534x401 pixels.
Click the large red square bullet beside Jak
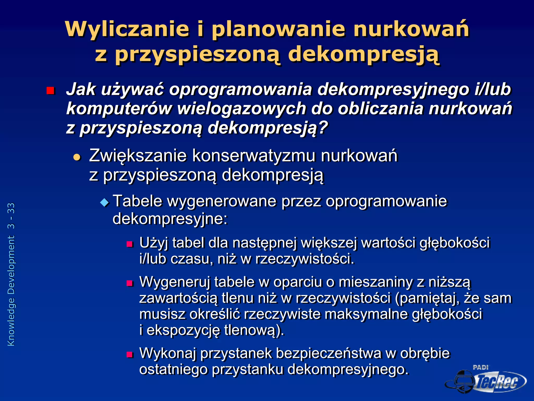click(50, 91)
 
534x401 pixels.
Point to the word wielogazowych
click(241, 109)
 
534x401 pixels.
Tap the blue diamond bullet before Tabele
click(105, 202)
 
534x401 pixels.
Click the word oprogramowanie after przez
click(386, 201)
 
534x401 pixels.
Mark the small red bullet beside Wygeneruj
click(130, 283)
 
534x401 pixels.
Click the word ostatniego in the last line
click(173, 369)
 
